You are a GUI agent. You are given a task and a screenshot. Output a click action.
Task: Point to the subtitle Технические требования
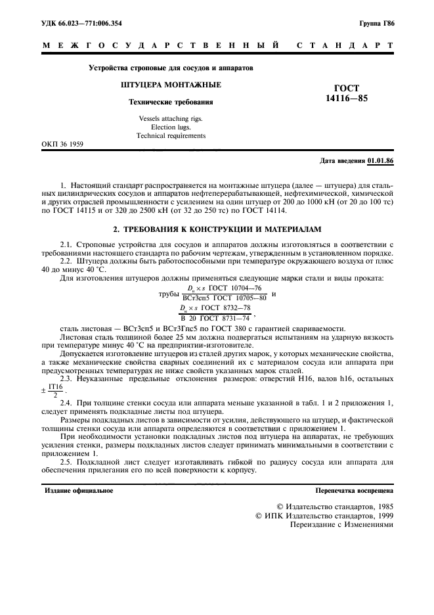(x=170, y=102)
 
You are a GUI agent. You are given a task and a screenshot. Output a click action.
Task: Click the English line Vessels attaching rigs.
(x=171, y=118)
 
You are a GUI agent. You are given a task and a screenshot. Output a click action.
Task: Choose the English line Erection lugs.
(x=171, y=127)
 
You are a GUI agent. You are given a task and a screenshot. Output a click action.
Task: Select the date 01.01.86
(x=380, y=160)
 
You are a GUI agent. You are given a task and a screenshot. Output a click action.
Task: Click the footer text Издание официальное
(x=79, y=490)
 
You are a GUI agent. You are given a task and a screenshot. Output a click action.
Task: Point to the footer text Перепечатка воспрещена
(x=354, y=490)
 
